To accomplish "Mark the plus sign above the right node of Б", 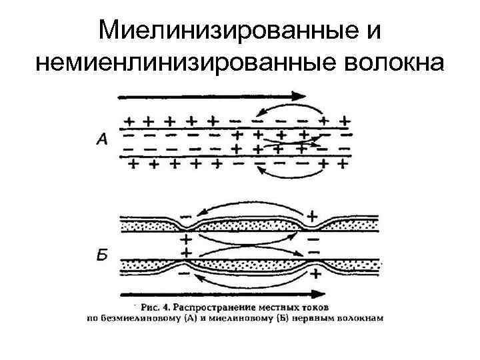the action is [x=313, y=215].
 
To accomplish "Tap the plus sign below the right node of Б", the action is [x=314, y=273].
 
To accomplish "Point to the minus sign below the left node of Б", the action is [x=185, y=273].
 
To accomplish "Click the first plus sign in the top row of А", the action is [x=130, y=121].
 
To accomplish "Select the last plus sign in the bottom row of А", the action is [x=344, y=163].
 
